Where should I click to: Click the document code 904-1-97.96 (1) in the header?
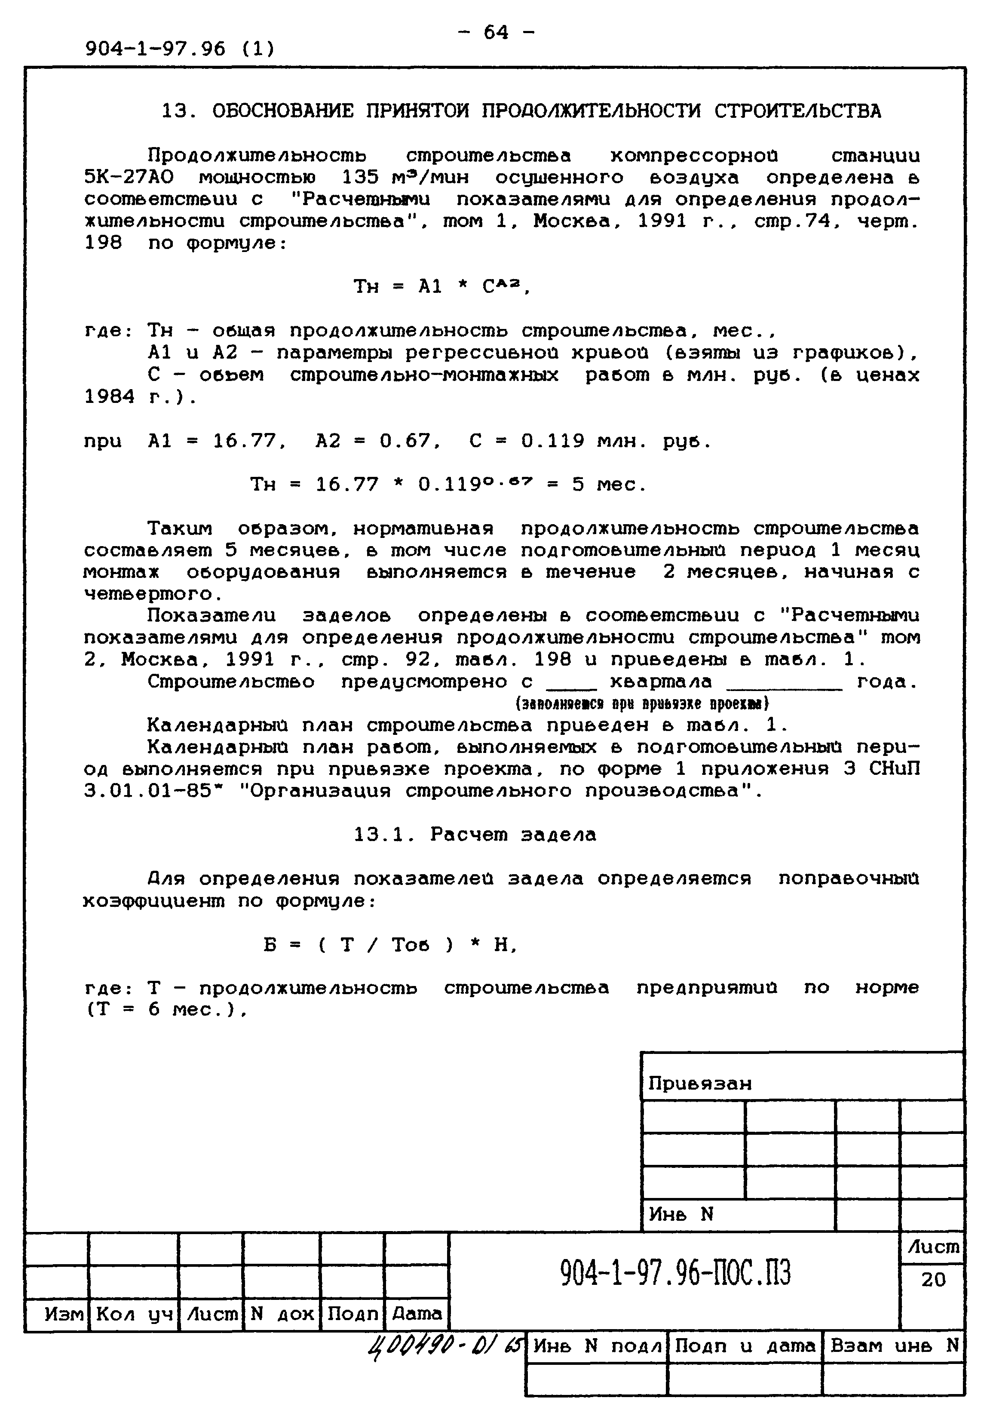click(x=180, y=48)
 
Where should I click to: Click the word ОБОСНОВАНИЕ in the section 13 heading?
click(x=282, y=111)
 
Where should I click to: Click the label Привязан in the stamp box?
click(x=700, y=1083)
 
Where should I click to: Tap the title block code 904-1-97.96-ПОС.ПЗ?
click(x=675, y=1273)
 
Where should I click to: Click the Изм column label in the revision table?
click(x=64, y=1314)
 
